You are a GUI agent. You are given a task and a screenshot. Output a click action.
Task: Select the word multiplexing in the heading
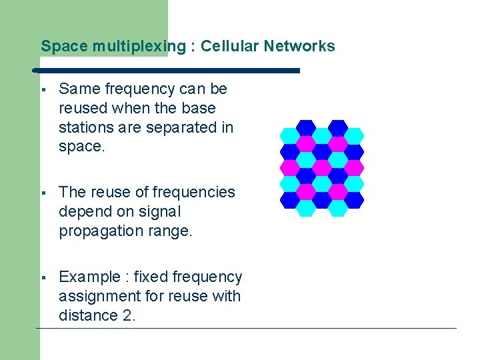pyautogui.click(x=139, y=46)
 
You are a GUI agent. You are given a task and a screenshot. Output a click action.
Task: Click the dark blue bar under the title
pyautogui.click(x=167, y=69)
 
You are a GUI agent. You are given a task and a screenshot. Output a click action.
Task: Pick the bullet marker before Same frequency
pyautogui.click(x=42, y=89)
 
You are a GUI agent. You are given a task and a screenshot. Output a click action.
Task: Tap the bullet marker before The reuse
pyautogui.click(x=42, y=193)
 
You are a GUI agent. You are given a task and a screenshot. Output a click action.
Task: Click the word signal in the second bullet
pyautogui.click(x=161, y=211)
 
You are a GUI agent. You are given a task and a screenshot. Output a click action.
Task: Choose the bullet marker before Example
pyautogui.click(x=42, y=277)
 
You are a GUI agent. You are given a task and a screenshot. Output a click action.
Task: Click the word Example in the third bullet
pyautogui.click(x=89, y=277)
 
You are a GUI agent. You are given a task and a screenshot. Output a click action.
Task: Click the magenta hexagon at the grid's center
pyautogui.click(x=322, y=167)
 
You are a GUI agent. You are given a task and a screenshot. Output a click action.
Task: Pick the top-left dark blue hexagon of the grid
pyautogui.click(x=305, y=127)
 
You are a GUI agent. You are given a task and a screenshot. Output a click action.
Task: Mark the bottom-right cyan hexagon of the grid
pyautogui.click(x=339, y=208)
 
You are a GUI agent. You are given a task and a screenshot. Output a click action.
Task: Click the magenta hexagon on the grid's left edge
pyautogui.click(x=289, y=167)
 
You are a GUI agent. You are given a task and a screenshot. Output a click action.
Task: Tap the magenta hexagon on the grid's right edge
pyautogui.click(x=355, y=167)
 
